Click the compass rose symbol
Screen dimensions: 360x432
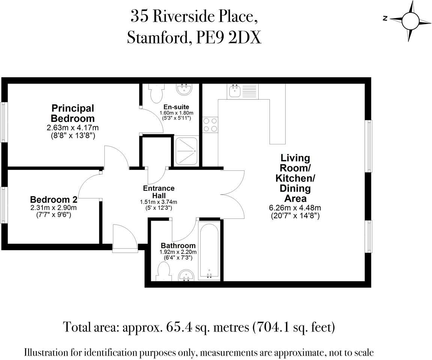coord(409,20)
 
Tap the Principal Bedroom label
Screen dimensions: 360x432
coord(73,113)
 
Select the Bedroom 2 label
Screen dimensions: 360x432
coord(51,199)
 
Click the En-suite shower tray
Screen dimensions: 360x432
coord(186,151)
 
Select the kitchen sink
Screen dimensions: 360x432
coord(235,91)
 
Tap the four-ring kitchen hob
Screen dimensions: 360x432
coord(210,125)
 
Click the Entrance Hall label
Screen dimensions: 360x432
coord(158,192)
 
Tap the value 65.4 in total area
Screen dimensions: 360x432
coord(177,327)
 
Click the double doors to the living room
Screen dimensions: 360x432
coord(233,194)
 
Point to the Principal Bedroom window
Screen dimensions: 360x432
coord(4,122)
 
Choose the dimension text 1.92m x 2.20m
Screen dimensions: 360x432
coord(178,252)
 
